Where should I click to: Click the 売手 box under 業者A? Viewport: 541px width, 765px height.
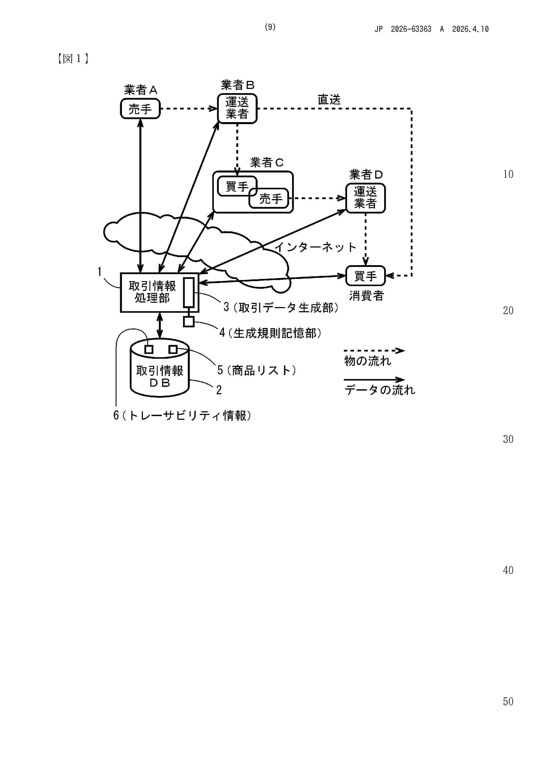(x=140, y=109)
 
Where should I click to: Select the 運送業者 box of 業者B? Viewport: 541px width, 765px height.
(x=237, y=108)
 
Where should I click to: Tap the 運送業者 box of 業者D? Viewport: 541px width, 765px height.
(x=365, y=198)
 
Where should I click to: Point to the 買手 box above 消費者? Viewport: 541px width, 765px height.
(x=365, y=276)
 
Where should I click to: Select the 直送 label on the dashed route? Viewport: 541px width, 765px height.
(x=329, y=99)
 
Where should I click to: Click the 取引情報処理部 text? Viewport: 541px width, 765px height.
(x=152, y=292)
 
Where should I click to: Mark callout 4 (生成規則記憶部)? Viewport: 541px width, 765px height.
(x=270, y=333)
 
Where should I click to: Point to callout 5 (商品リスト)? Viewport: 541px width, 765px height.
(x=257, y=370)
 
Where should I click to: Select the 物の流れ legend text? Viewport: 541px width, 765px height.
(x=368, y=361)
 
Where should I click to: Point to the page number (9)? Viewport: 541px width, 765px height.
(x=270, y=27)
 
